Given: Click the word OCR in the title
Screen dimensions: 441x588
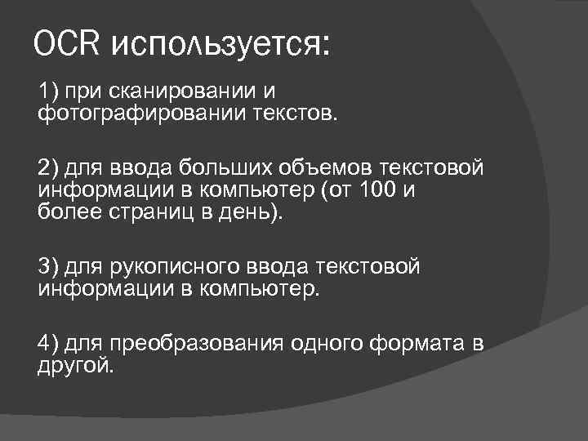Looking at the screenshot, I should click(68, 44).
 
